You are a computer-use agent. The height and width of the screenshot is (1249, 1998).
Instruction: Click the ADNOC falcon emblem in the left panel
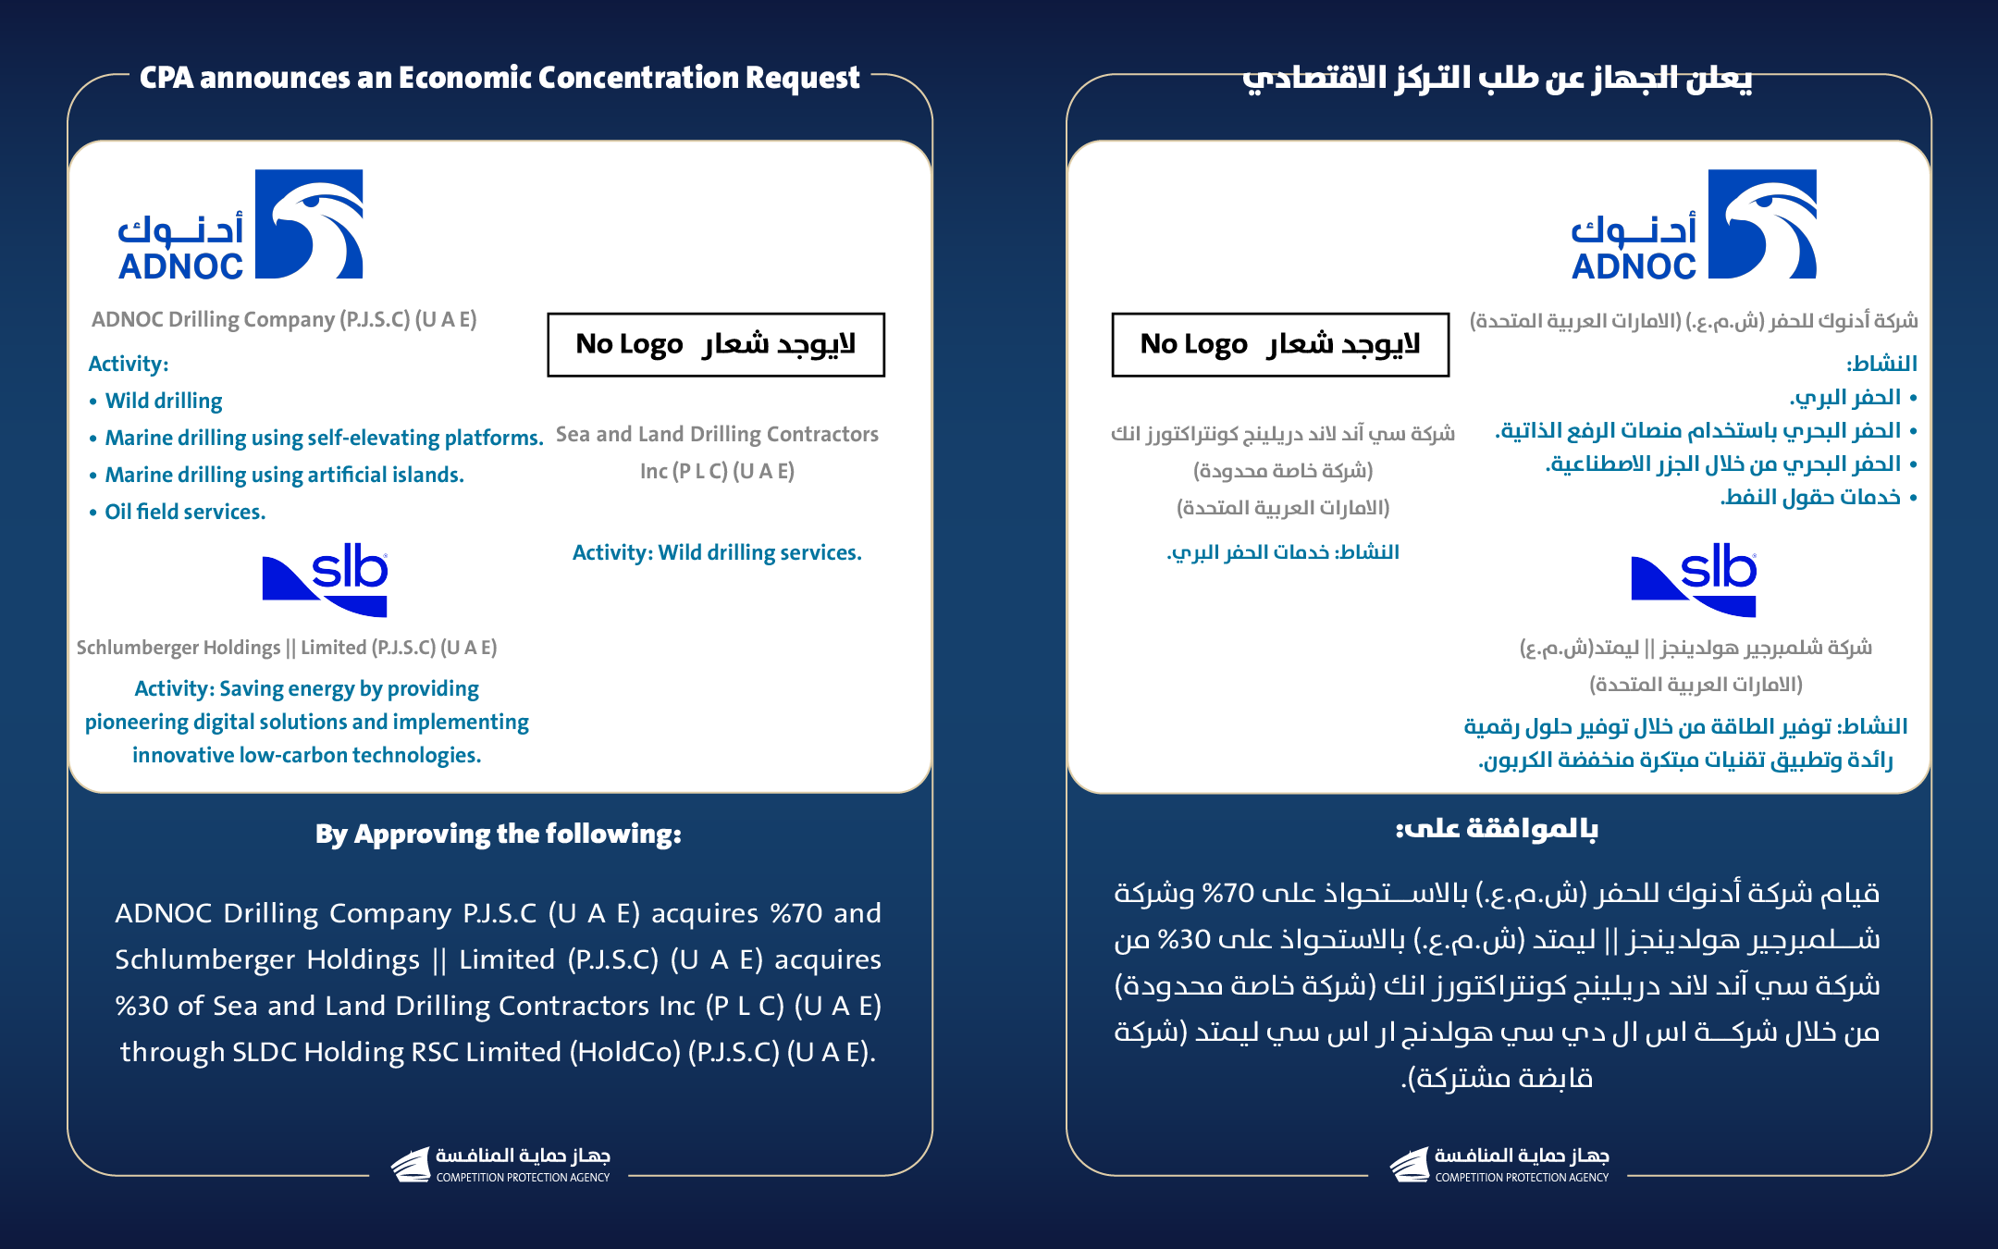click(309, 224)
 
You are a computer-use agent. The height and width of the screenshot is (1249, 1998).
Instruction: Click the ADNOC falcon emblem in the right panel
click(1762, 224)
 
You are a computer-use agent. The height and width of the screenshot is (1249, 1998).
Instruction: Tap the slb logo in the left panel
click(326, 580)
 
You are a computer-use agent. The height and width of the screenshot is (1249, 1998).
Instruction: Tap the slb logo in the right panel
click(1694, 580)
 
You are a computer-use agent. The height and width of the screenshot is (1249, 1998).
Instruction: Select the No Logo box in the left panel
click(716, 345)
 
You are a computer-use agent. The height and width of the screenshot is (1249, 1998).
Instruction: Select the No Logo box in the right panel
click(1280, 345)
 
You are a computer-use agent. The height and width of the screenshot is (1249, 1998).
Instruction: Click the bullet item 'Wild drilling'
click(164, 401)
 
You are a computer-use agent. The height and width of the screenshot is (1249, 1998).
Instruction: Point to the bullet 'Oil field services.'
click(185, 512)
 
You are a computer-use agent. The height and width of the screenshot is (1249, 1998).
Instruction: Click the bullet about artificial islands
click(284, 475)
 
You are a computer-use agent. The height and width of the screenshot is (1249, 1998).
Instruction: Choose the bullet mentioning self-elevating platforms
click(324, 438)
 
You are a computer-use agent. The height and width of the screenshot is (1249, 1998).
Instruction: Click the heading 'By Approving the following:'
click(499, 834)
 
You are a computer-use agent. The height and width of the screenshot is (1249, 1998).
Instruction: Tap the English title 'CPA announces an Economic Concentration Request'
click(499, 78)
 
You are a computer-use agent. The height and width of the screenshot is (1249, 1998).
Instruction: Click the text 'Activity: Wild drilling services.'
click(717, 552)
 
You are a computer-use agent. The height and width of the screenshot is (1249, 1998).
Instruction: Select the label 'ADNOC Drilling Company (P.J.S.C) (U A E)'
click(284, 319)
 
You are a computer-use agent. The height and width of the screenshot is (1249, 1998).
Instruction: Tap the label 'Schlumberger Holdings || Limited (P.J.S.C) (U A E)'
click(287, 648)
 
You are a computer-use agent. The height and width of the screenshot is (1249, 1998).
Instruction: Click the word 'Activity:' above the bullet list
click(129, 364)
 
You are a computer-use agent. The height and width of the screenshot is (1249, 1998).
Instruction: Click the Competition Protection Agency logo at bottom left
click(499, 1165)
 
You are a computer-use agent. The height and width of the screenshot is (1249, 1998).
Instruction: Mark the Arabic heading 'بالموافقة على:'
click(1497, 829)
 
